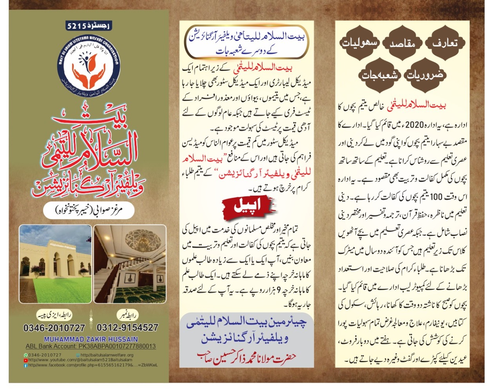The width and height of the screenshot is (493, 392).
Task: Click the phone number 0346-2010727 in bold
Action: pyautogui.click(x=54, y=328)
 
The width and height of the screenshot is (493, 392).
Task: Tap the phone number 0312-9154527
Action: pyautogui.click(x=128, y=327)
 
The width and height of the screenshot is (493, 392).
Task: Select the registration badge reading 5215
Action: pyautogui.click(x=89, y=26)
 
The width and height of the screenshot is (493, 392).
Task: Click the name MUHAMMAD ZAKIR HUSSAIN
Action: pyautogui.click(x=91, y=339)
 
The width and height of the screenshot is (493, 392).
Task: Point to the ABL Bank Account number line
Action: pyautogui.click(x=91, y=347)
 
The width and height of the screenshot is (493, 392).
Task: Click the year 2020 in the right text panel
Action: pyautogui.click(x=415, y=125)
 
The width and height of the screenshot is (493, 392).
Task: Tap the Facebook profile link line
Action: pyautogui.click(x=91, y=365)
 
